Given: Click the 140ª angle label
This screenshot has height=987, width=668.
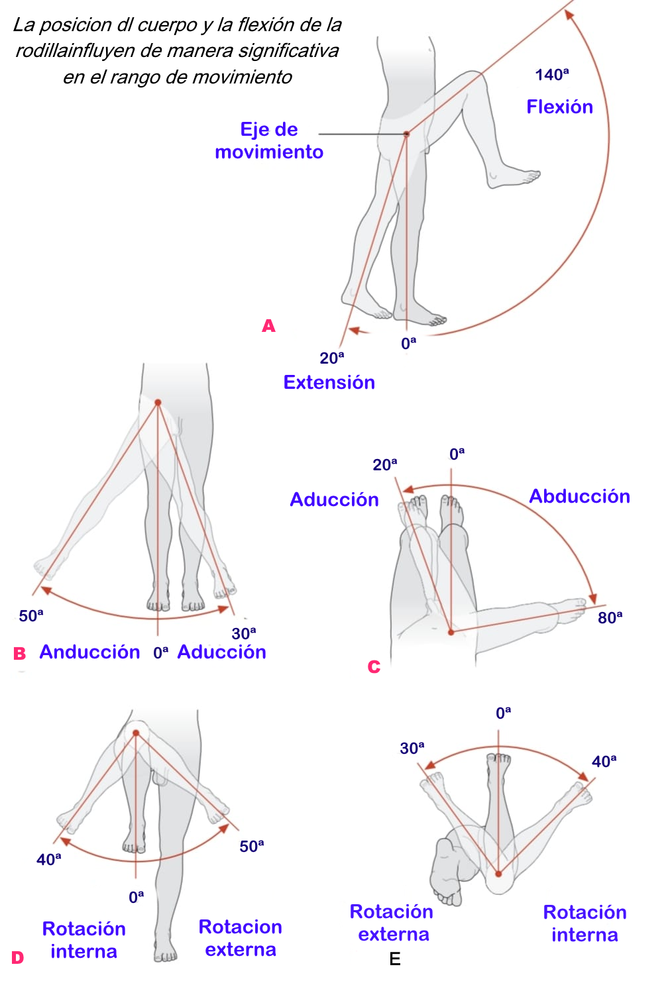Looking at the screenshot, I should tap(551, 75).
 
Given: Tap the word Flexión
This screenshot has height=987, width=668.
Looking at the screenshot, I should tap(559, 107).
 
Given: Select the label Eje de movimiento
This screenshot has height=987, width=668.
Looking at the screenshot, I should tap(269, 140).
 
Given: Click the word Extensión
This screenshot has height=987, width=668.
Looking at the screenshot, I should tap(329, 382).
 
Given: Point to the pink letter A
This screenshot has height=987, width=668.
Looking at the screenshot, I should tap(268, 326).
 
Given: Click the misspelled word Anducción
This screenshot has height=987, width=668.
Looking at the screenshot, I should tap(89, 652).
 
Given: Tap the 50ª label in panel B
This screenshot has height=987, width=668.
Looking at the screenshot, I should tap(30, 616).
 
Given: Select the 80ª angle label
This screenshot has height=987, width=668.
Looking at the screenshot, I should tap(610, 618).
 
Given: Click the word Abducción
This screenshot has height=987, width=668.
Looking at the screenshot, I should tap(579, 496).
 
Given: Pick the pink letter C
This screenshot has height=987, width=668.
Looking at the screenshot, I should tap(374, 667).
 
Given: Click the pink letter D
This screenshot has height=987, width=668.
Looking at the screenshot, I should tap(17, 958).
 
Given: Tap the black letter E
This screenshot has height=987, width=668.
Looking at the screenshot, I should tap(395, 959).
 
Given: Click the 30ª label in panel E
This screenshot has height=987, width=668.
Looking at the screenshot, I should tap(412, 749).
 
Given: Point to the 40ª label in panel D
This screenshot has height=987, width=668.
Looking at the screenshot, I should tap(48, 860).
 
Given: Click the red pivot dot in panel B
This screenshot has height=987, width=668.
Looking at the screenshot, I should tap(158, 402).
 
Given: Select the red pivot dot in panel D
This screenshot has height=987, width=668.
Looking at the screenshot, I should tap(136, 733).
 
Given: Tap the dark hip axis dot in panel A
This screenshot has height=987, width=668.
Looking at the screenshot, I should tap(407, 134).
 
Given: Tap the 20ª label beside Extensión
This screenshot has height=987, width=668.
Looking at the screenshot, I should tap(331, 358).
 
